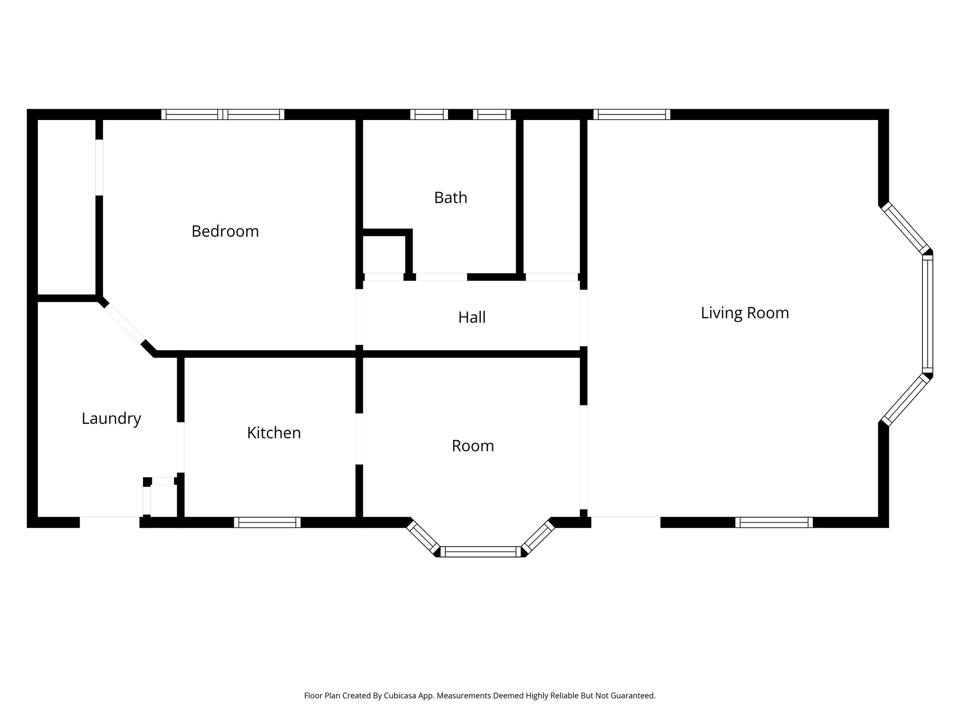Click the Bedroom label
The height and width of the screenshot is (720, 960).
tap(225, 231)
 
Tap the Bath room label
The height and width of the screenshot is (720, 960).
tap(450, 197)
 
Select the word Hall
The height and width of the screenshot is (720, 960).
tap(472, 317)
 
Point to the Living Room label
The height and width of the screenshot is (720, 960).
tap(744, 313)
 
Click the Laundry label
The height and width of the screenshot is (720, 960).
tap(111, 418)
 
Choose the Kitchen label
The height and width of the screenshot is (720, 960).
tap(274, 433)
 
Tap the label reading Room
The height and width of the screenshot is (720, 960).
tap(472, 445)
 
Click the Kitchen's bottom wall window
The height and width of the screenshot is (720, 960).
tap(267, 522)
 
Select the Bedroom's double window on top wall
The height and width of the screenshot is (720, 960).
tap(223, 114)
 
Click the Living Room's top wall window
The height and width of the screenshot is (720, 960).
tap(631, 114)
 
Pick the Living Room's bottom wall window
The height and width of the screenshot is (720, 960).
tap(774, 522)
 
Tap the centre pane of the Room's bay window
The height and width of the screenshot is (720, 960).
tap(480, 552)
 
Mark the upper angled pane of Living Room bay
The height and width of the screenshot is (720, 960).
tap(905, 228)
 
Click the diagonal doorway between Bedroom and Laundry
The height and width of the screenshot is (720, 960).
tap(125, 323)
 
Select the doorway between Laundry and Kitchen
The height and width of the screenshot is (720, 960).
tap(180, 447)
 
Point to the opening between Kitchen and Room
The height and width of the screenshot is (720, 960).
tap(359, 439)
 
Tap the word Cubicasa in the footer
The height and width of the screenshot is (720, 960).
tap(401, 696)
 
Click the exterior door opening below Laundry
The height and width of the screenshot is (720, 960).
tap(110, 522)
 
